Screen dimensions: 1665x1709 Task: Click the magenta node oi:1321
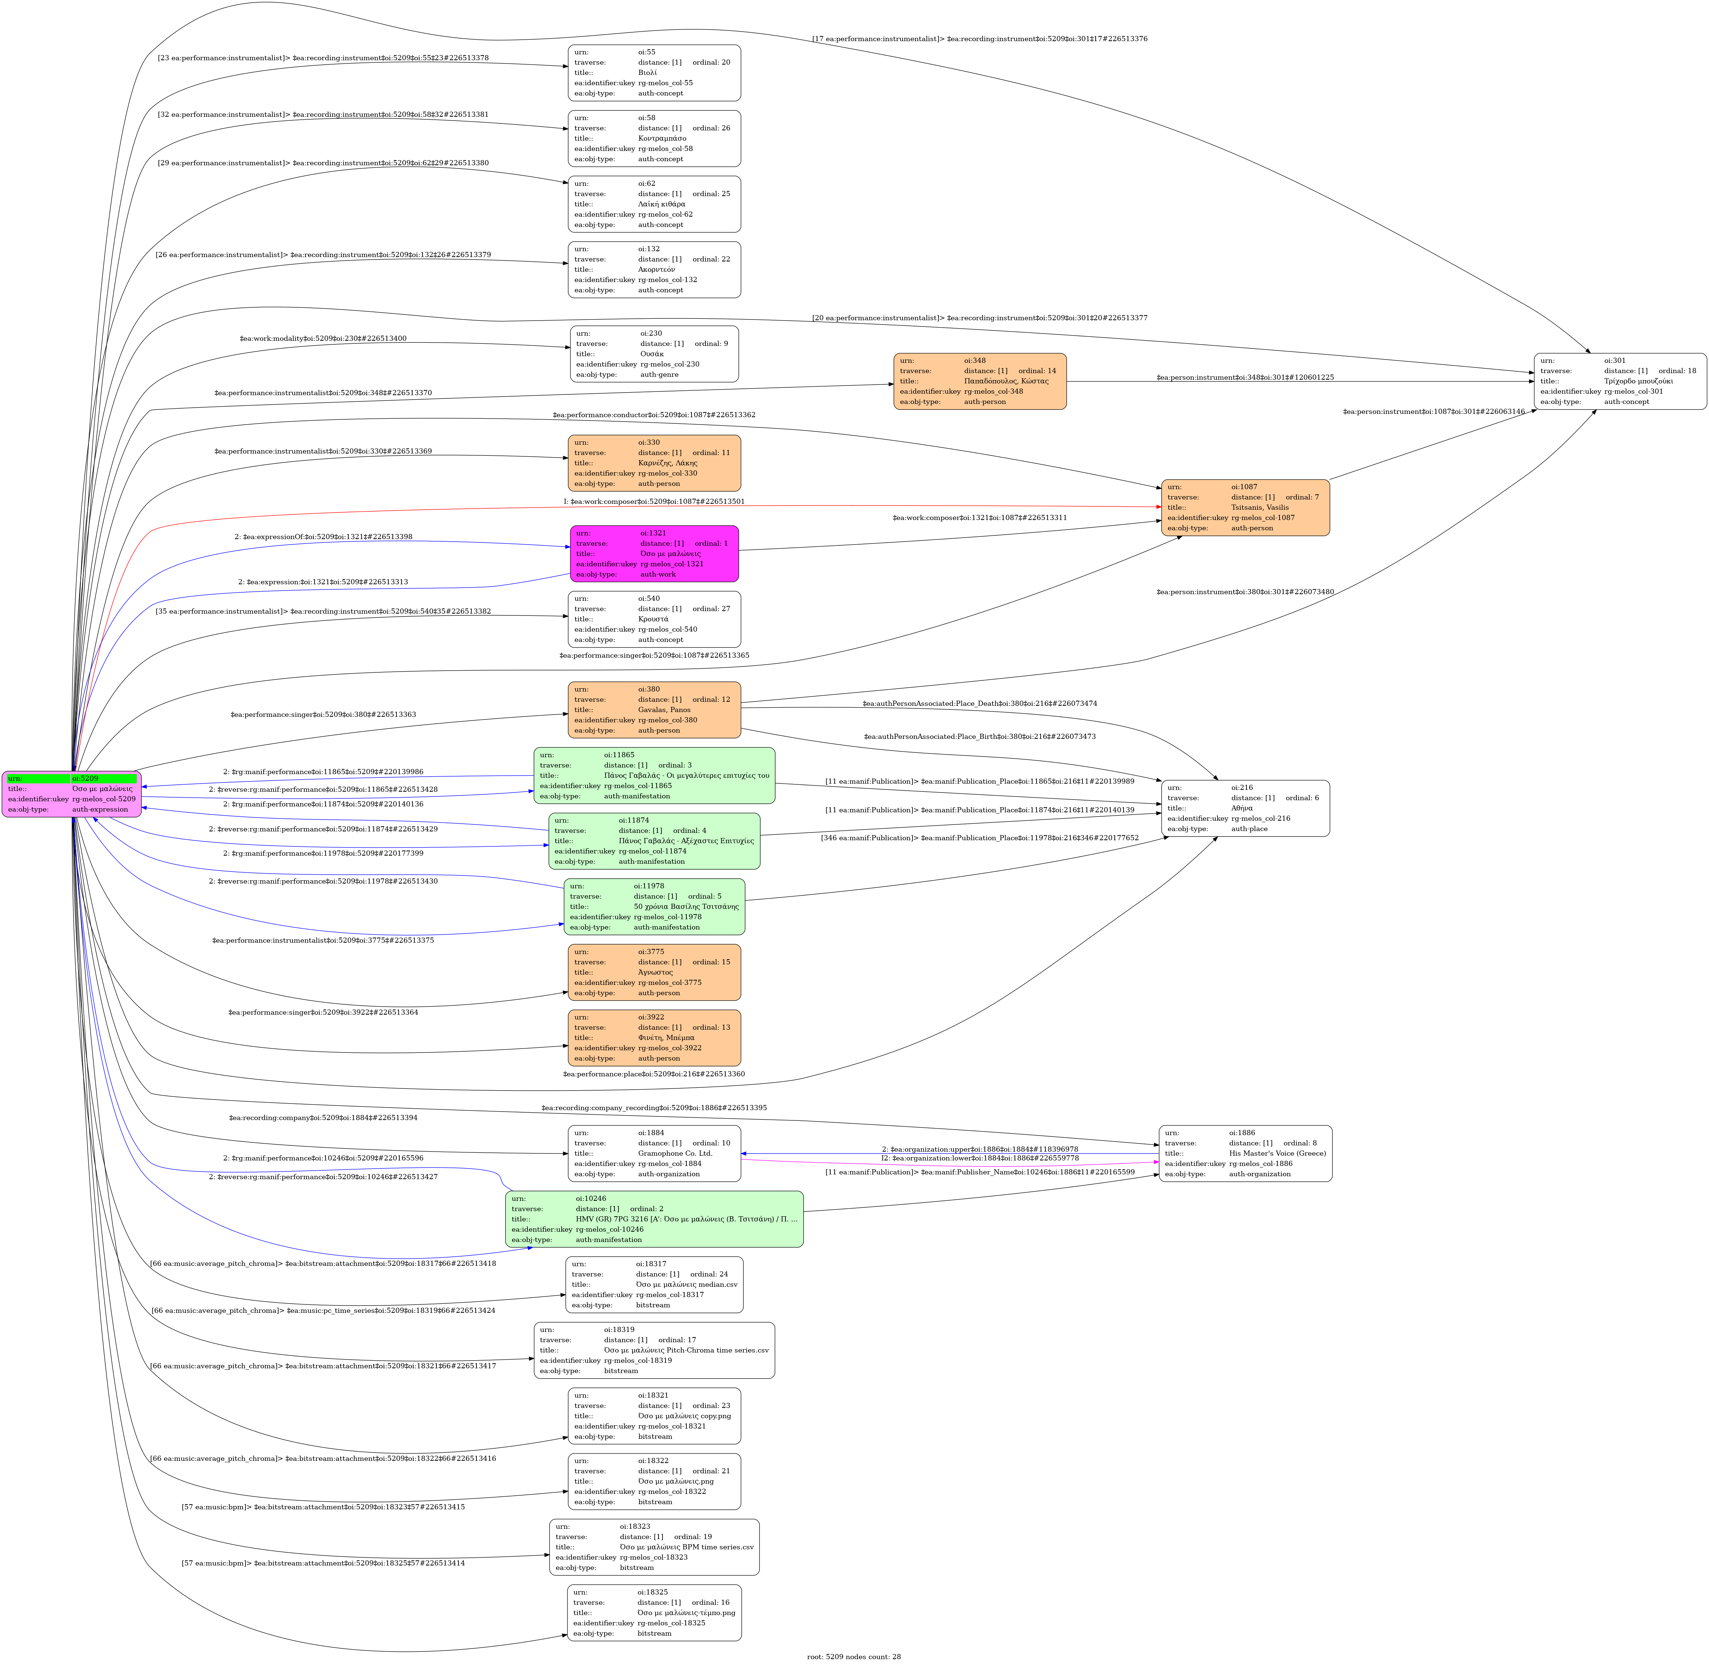click(x=654, y=553)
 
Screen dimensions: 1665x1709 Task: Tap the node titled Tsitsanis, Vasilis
click(x=1245, y=507)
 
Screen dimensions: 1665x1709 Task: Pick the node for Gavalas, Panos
click(x=654, y=709)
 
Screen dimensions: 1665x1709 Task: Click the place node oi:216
click(x=1245, y=808)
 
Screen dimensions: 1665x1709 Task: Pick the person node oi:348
click(x=979, y=381)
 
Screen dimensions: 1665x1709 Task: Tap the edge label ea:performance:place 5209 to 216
click(x=654, y=1074)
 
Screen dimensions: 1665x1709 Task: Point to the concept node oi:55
click(x=654, y=73)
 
